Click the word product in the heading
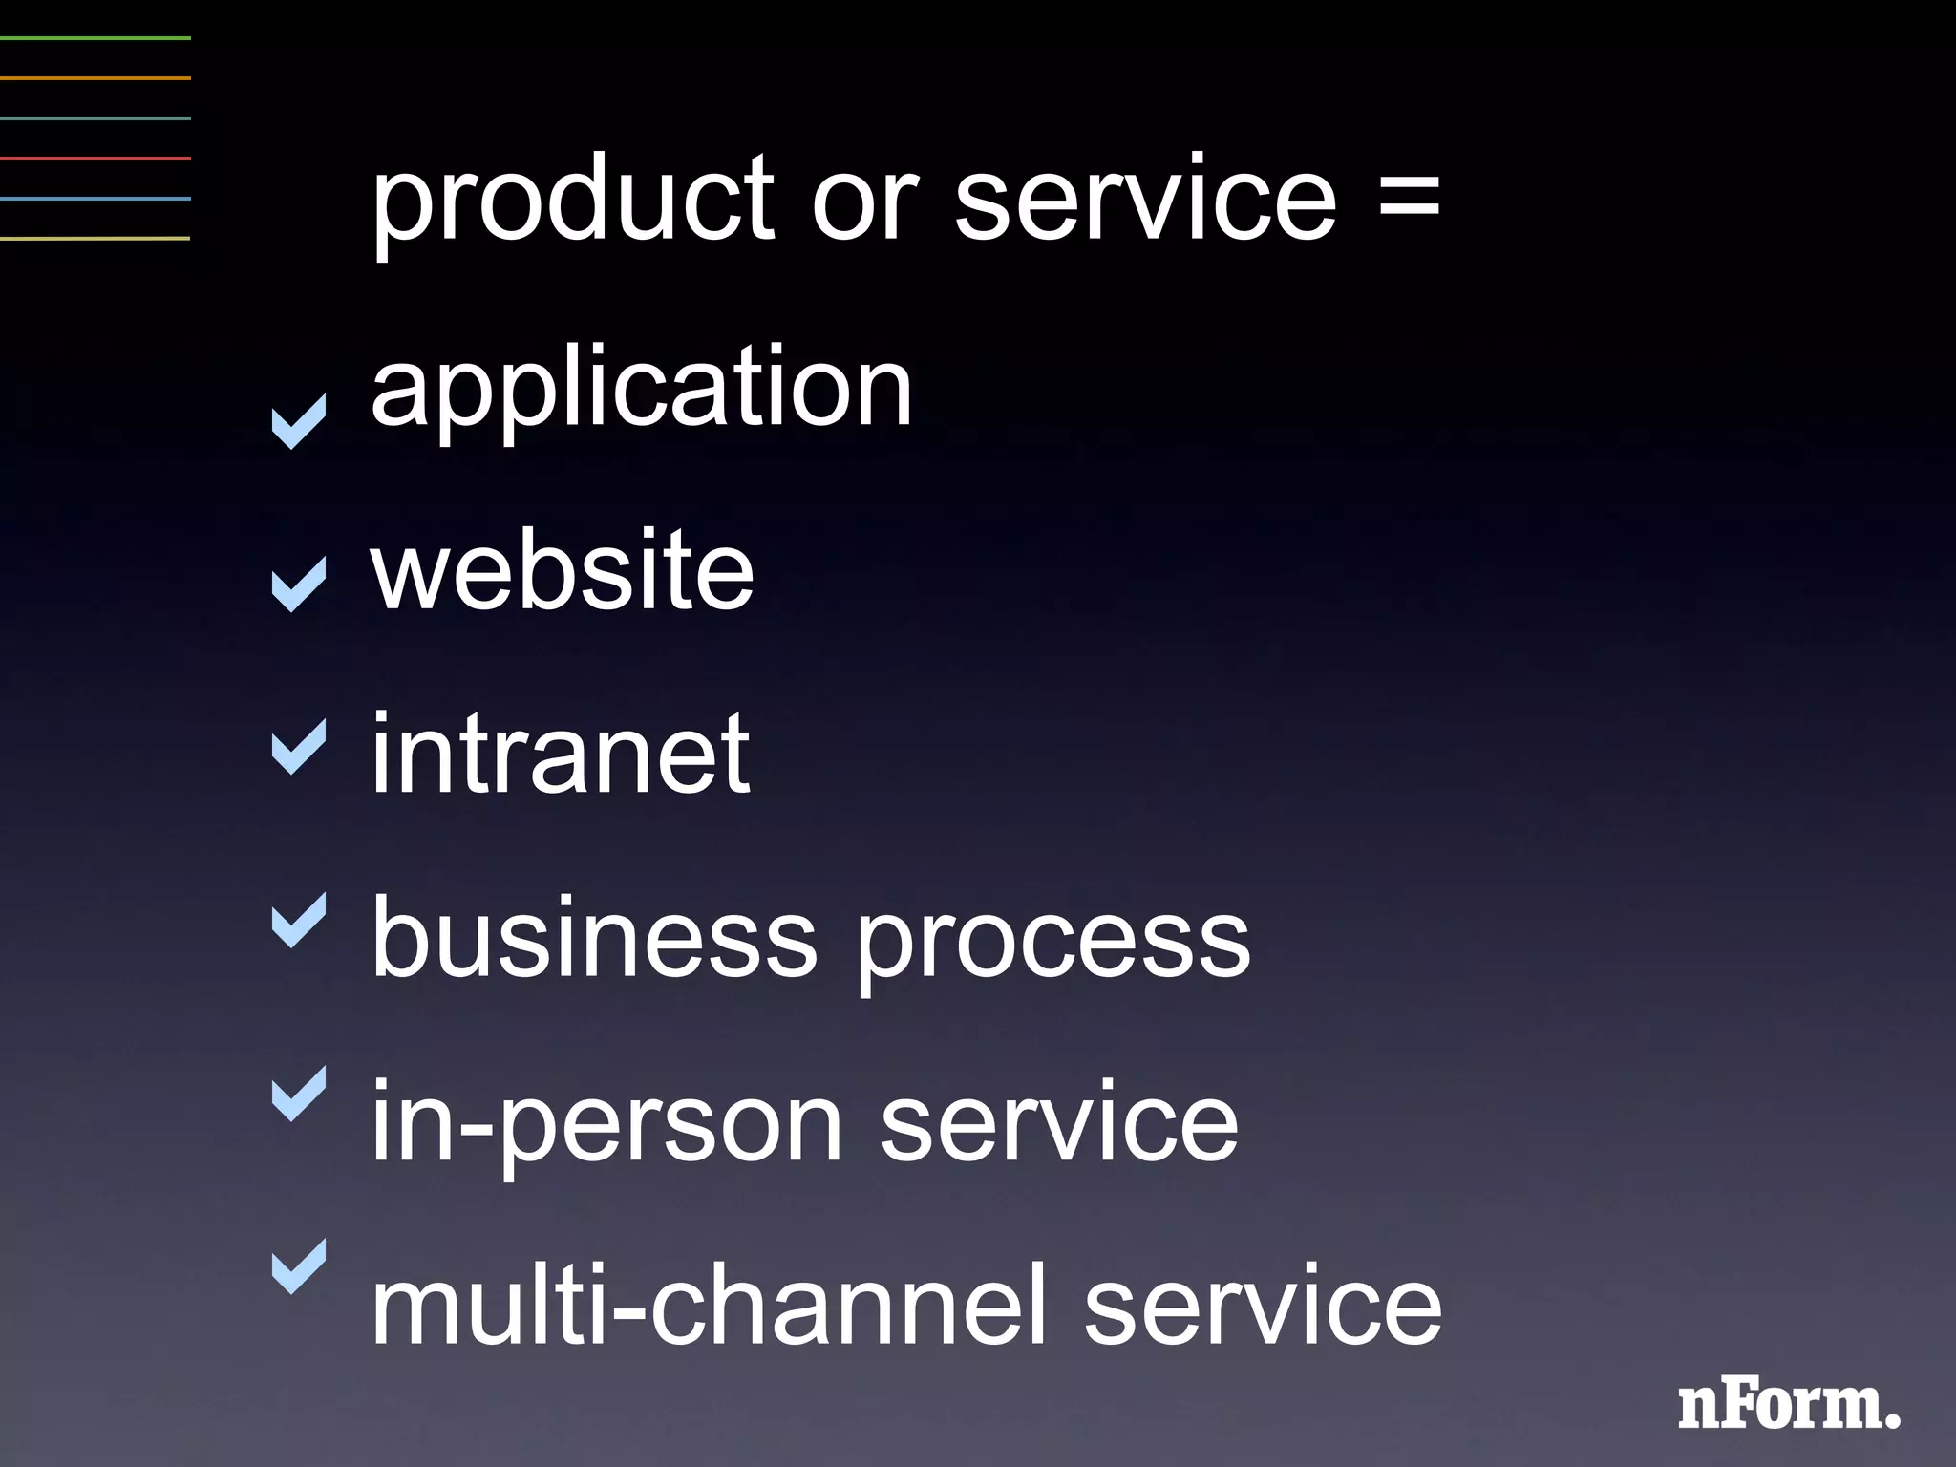(572, 202)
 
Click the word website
(563, 570)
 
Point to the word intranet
(560, 755)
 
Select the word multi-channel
(708, 1304)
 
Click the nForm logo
(1788, 1406)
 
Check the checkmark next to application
(299, 421)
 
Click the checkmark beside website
(299, 585)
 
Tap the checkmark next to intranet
(299, 746)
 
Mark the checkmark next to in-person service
(299, 1094)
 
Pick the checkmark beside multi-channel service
(299, 1266)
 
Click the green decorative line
(96, 38)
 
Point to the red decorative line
(96, 159)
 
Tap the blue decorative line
(96, 199)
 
